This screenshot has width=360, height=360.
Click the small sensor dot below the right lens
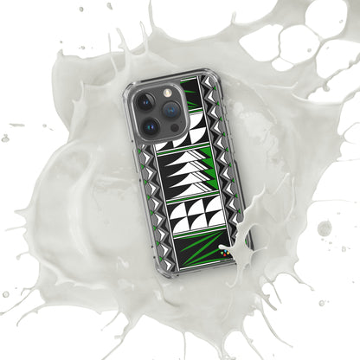tap(171, 128)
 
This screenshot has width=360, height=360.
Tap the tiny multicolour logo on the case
tap(228, 254)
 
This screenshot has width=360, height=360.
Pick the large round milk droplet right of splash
tap(324, 228)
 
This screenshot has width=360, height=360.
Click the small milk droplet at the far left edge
tap(5, 138)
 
